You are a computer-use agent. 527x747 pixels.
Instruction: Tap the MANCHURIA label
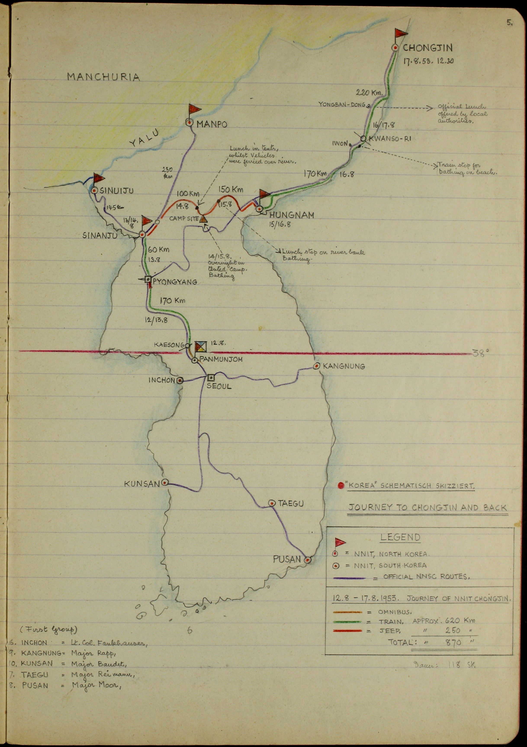[104, 77]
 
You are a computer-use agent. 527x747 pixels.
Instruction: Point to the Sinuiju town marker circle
[95, 191]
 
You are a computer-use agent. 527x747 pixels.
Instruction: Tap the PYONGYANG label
[175, 282]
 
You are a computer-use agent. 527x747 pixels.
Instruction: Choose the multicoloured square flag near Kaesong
[201, 347]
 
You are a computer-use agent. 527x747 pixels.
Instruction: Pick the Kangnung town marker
[316, 366]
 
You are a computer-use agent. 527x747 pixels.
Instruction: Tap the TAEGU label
[291, 504]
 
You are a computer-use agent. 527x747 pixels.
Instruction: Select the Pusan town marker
[307, 560]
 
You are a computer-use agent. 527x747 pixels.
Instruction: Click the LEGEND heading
[400, 537]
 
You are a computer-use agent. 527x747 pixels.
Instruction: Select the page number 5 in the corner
[509, 23]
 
